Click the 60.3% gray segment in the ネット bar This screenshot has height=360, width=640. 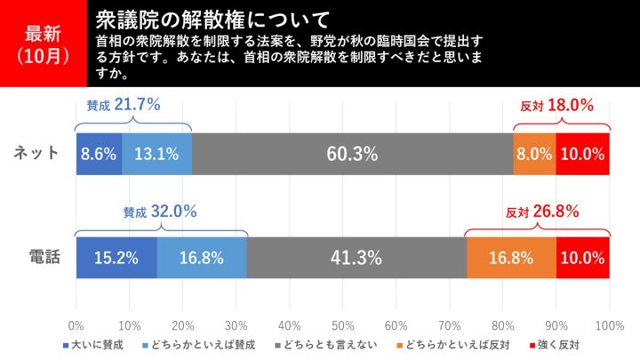(352, 153)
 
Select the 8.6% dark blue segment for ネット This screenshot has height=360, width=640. (99, 153)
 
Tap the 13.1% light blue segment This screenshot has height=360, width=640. (156, 153)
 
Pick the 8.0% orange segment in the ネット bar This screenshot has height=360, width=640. (534, 153)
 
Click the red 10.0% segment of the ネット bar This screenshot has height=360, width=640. (583, 153)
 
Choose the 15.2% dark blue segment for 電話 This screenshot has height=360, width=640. (116, 259)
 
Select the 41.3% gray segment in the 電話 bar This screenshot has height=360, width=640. (356, 259)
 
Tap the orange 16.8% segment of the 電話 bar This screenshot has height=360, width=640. (511, 259)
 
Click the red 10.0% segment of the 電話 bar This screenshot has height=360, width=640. (583, 259)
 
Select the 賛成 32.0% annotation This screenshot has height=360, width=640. (160, 212)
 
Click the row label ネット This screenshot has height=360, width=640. (36, 153)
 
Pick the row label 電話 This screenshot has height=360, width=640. (36, 259)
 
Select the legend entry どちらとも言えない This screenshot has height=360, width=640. (330, 343)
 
